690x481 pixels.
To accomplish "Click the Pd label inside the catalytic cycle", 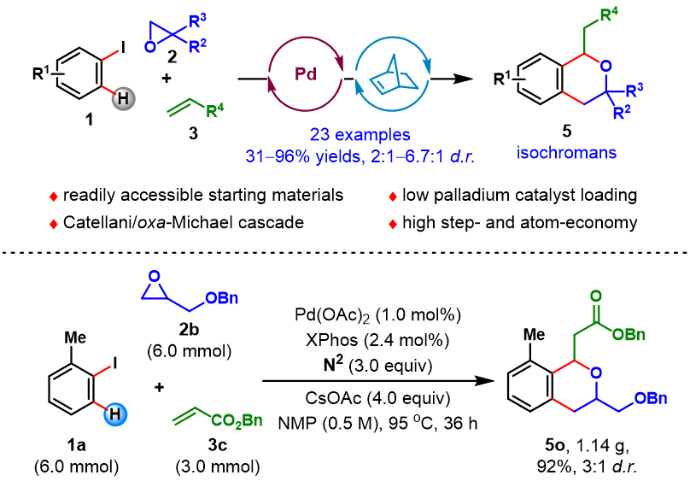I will tap(305, 73).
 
